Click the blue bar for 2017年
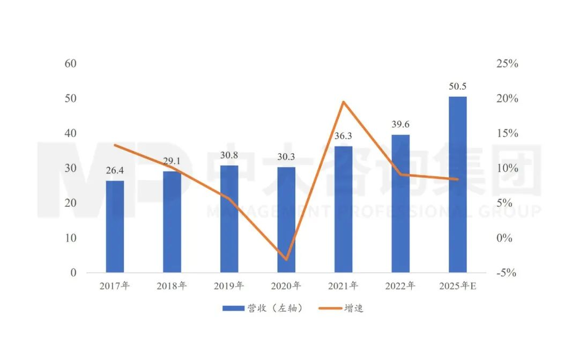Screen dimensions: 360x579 coord(115,227)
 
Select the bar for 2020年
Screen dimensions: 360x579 coord(286,220)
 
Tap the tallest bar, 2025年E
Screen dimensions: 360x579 coord(457,184)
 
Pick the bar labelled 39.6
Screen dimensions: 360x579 coord(400,204)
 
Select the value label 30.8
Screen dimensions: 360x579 coord(229,156)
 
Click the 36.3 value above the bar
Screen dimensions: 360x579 coord(344,137)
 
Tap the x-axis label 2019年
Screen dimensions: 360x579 coord(229,286)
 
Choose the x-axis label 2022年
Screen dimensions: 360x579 coord(400,286)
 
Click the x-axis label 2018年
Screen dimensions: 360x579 coord(172,286)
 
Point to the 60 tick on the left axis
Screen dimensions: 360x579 coord(70,64)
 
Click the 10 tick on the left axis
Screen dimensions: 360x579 coord(70,238)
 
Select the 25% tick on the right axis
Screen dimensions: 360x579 coord(507,64)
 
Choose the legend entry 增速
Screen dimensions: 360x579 coord(344,308)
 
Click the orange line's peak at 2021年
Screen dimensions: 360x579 coord(344,102)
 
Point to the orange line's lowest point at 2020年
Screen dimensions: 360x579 coord(286,259)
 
